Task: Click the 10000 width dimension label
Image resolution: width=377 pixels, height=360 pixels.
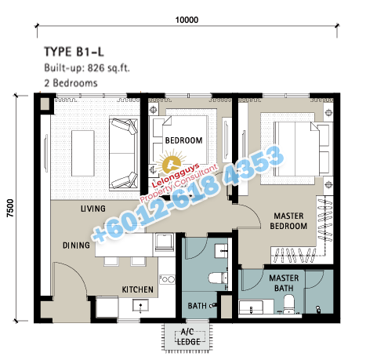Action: [187, 20]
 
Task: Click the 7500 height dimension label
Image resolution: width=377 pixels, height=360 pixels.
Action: [10, 208]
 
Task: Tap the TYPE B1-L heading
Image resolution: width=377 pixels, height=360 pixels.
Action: [74, 52]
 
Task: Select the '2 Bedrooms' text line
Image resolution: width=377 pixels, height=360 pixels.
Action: [71, 83]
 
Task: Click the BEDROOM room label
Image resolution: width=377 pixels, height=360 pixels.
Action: [183, 140]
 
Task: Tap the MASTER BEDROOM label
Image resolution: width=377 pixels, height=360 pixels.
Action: [288, 221]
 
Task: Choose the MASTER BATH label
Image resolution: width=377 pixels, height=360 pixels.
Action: [284, 283]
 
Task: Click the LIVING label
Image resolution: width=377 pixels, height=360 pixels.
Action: [93, 209]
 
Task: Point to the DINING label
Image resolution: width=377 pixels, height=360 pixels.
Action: [76, 245]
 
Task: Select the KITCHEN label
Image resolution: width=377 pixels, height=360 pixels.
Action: [138, 289]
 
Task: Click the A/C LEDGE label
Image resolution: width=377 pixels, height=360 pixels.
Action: [188, 336]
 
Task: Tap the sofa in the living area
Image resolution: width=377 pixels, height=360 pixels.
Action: [124, 154]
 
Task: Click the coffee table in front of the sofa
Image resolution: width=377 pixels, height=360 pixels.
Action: [83, 154]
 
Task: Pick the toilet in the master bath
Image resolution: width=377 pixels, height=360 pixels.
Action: [288, 304]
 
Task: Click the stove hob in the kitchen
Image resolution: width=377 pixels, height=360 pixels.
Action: [167, 279]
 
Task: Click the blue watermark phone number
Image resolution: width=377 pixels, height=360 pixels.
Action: [187, 194]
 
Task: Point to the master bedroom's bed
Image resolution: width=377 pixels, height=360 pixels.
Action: [303, 149]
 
